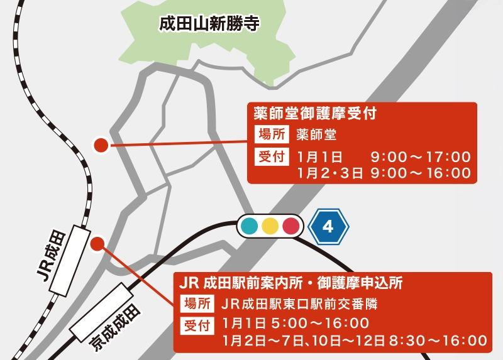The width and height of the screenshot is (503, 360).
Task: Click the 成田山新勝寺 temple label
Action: tap(209, 25)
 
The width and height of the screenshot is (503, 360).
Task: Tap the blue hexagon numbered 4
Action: tap(328, 226)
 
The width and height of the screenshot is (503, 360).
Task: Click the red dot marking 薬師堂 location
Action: tap(101, 146)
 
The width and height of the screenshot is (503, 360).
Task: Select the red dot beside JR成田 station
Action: tap(97, 244)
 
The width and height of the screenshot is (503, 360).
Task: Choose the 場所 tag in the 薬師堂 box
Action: tap(272, 134)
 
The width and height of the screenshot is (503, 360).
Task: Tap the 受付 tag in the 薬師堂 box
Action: tap(272, 156)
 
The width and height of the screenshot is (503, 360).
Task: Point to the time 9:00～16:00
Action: tap(420, 173)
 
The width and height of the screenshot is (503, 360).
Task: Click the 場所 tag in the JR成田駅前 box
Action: tap(197, 303)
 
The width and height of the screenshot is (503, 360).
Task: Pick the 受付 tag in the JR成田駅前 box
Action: tap(197, 325)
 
